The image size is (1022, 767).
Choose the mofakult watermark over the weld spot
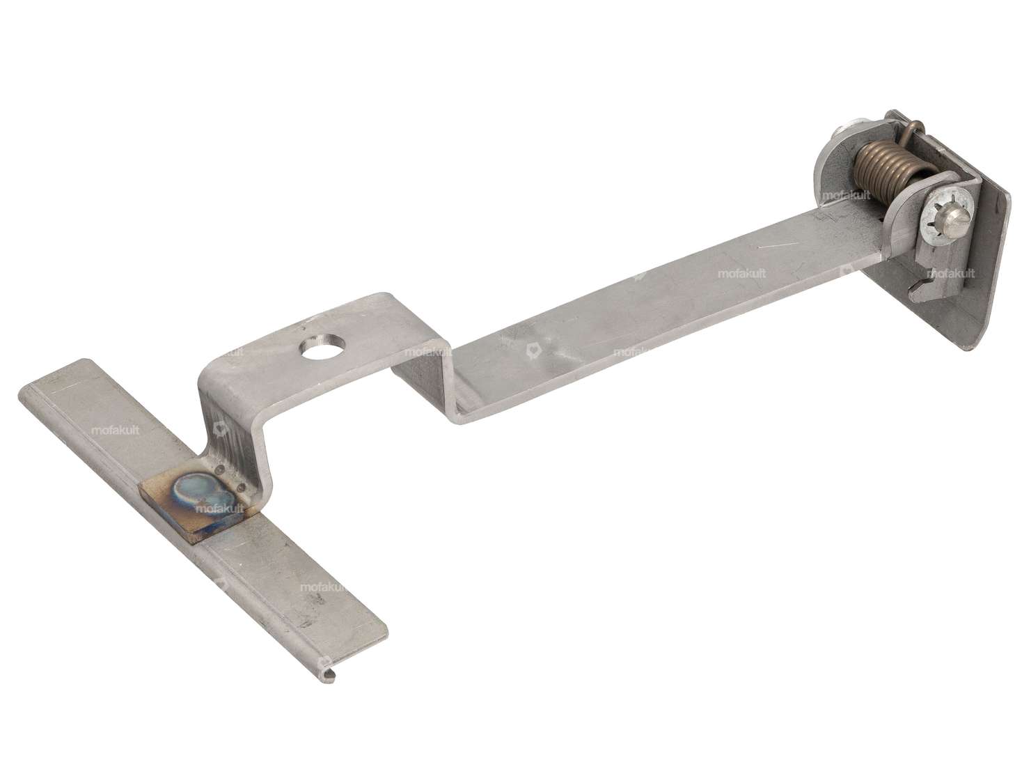219,509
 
